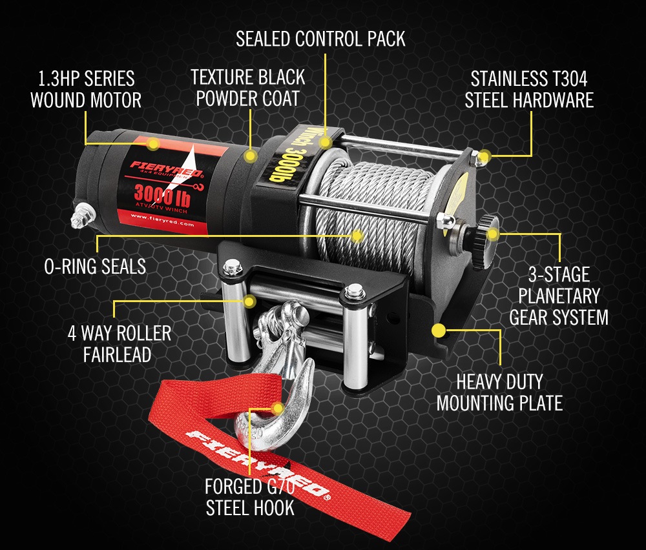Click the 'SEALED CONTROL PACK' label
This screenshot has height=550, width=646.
(x=320, y=39)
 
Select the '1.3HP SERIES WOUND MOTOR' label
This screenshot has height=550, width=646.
(x=85, y=89)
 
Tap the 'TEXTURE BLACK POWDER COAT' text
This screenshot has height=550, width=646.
(x=248, y=88)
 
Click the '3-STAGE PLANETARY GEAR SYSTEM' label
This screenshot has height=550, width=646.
(x=559, y=296)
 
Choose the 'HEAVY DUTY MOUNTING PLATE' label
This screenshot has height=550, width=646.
(x=499, y=392)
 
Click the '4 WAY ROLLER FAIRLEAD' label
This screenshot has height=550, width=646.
(x=120, y=343)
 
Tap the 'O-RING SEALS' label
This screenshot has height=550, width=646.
(x=95, y=266)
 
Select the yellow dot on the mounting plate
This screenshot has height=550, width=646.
(x=439, y=331)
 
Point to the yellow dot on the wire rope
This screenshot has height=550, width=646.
(x=357, y=235)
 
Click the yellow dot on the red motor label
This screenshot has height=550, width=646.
(x=153, y=143)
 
